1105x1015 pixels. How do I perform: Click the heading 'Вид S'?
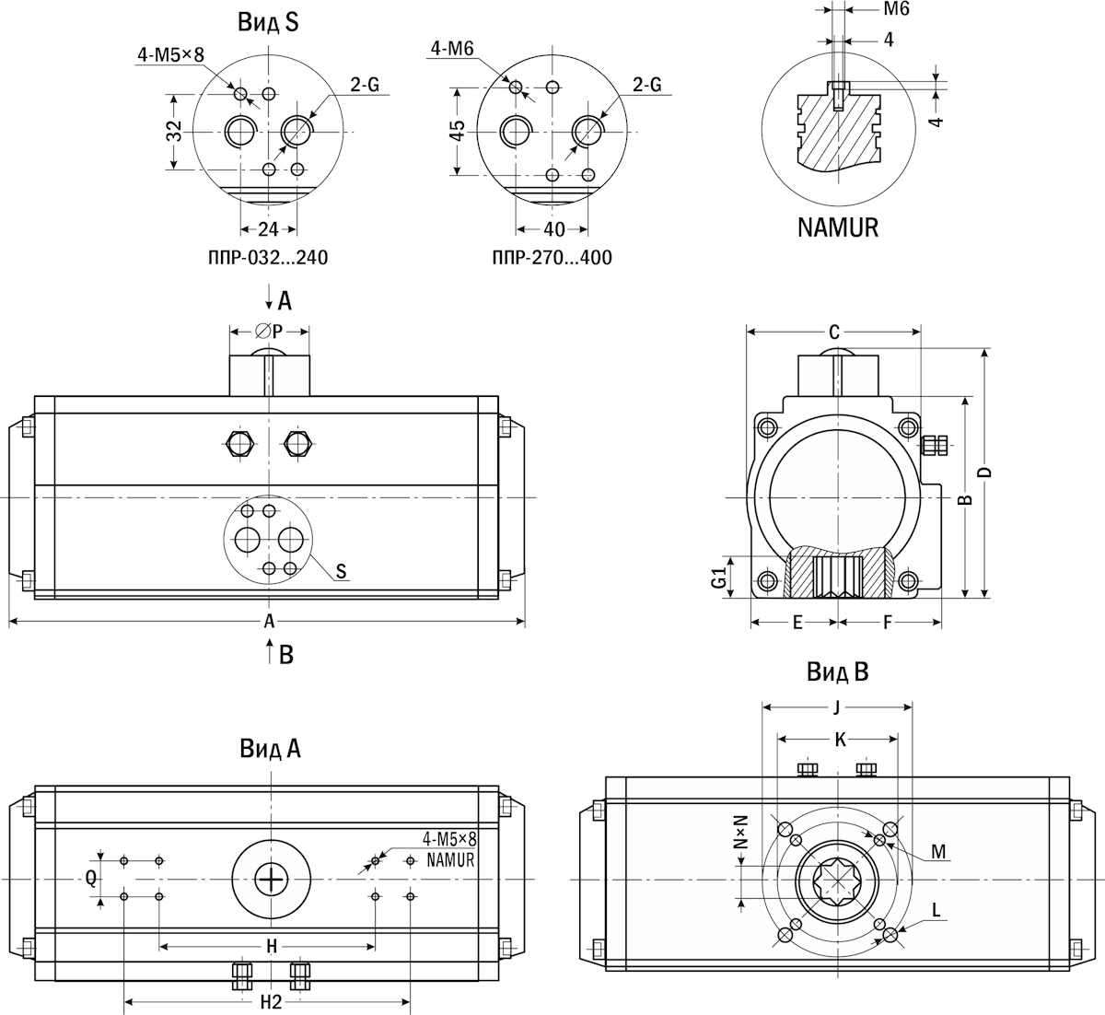(268, 23)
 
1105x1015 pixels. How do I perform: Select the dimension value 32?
(174, 132)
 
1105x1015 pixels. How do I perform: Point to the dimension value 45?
(456, 132)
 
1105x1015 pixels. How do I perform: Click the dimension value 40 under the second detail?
(553, 229)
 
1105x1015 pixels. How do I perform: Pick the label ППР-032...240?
(268, 258)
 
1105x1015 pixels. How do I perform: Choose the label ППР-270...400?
(552, 258)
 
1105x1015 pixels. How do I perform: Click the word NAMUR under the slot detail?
(838, 227)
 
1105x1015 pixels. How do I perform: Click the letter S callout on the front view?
(341, 572)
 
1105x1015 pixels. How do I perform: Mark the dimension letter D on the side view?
(984, 472)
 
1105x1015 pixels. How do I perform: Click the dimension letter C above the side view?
(834, 332)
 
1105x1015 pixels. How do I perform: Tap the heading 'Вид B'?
(838, 671)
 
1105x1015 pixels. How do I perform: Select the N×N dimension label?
(739, 831)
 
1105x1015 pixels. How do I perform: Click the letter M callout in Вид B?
(937, 852)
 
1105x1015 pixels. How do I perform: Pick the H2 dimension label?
(269, 1003)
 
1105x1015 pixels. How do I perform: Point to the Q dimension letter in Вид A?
(91, 878)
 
